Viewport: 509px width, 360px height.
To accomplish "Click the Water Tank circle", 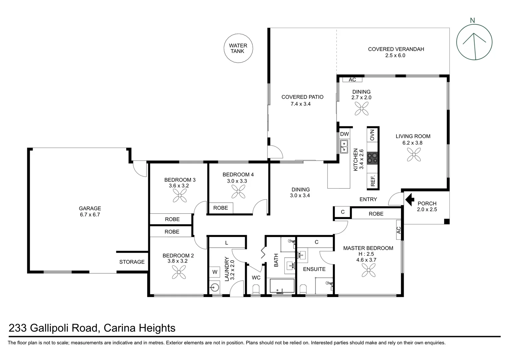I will [x=238, y=48].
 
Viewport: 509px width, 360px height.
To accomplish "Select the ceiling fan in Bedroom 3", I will [x=180, y=196].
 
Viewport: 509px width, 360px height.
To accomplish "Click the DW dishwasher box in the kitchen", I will [x=344, y=134].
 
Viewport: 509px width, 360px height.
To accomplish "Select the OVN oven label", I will [x=372, y=135].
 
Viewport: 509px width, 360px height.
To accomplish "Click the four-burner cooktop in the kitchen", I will [x=372, y=158].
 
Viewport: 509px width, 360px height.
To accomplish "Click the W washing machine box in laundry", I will [x=215, y=272].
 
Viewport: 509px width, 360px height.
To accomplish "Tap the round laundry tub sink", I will [x=215, y=287].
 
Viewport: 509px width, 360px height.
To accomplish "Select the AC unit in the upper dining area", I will [x=352, y=80].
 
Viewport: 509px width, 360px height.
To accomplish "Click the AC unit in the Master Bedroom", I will [x=398, y=230].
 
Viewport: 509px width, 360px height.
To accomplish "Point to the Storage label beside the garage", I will [x=132, y=262].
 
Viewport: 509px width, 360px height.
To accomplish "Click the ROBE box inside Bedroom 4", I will [x=221, y=208].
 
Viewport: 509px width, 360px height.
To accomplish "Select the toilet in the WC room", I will [x=256, y=289].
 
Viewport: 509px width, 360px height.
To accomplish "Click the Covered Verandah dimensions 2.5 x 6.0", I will [x=395, y=56].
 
